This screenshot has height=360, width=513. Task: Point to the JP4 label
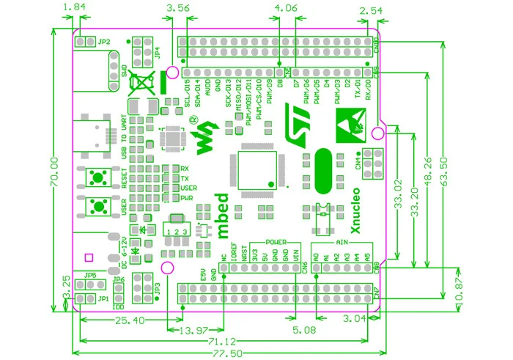[x=158, y=55]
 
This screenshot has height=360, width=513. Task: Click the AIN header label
[x=341, y=241]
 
